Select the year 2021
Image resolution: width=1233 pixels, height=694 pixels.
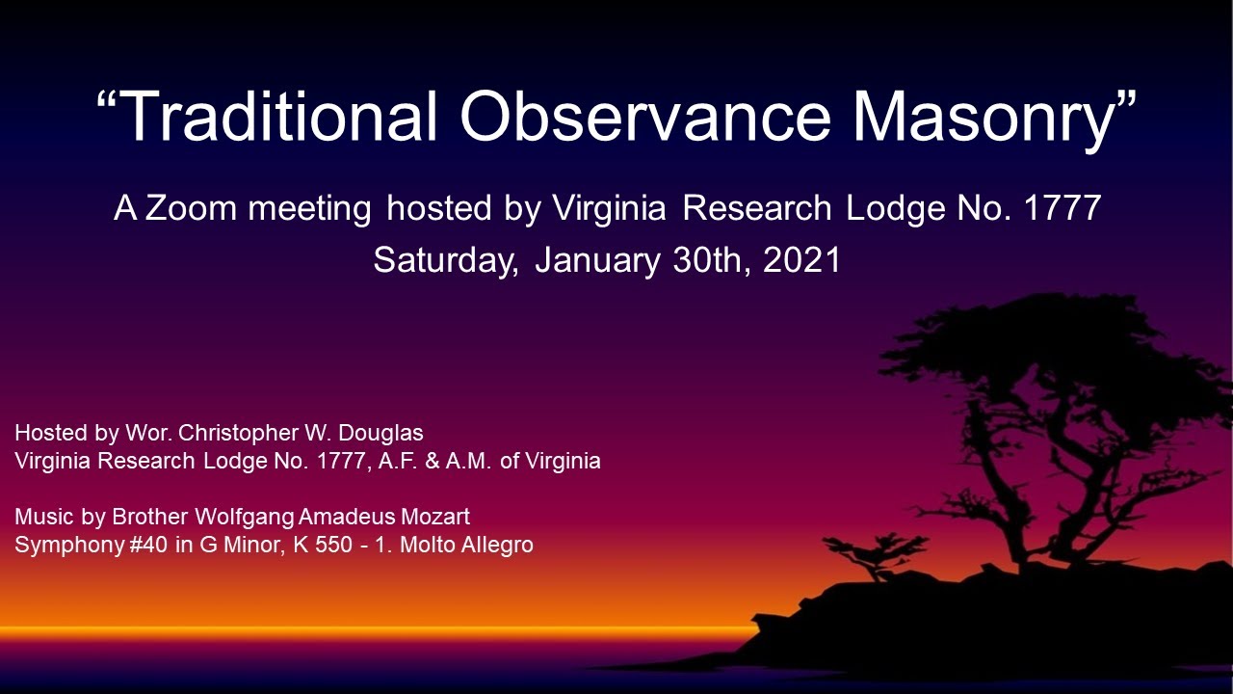pyautogui.click(x=801, y=260)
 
